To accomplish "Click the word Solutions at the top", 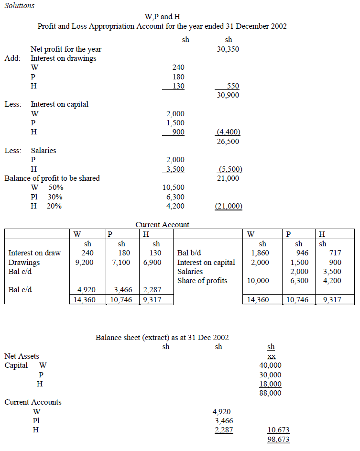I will click(x=20, y=6).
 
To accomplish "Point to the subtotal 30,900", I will click(x=228, y=95).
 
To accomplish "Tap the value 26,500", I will click(x=228, y=142).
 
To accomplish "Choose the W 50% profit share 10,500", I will click(x=173, y=187).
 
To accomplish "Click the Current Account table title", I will click(x=163, y=224).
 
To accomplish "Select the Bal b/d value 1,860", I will click(x=260, y=253).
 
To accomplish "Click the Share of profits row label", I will click(x=202, y=281).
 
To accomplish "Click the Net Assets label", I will click(x=22, y=356).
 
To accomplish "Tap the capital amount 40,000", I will click(x=270, y=365).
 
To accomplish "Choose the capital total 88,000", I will click(x=270, y=393).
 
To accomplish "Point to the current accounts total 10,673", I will click(x=278, y=430).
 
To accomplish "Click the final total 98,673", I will click(x=278, y=440).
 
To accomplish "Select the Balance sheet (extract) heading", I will click(x=162, y=337).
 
